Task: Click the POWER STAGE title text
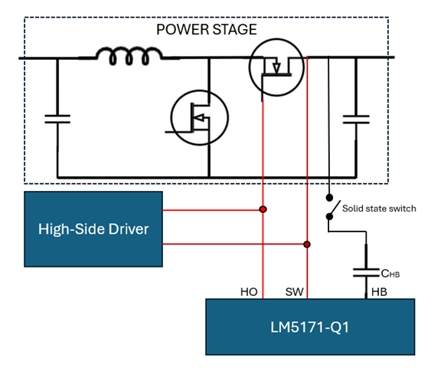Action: pos(207,30)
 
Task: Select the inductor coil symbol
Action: pos(129,56)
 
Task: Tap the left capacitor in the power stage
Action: pos(57,119)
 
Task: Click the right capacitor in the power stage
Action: pos(356,120)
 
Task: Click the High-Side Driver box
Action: pos(93,229)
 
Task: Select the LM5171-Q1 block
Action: pos(310,327)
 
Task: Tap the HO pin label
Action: pos(249,292)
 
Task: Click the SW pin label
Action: pos(295,292)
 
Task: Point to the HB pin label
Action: pos(379,292)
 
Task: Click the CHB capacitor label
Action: pos(390,274)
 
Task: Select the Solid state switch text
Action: pos(379,209)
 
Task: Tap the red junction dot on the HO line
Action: pos(263,209)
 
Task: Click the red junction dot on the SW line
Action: pos(307,244)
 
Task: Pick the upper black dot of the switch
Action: pos(329,197)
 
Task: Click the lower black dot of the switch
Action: pos(329,216)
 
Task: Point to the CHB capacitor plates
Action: pos(366,273)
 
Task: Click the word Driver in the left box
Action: pos(129,229)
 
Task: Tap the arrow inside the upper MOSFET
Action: pos(276,68)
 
